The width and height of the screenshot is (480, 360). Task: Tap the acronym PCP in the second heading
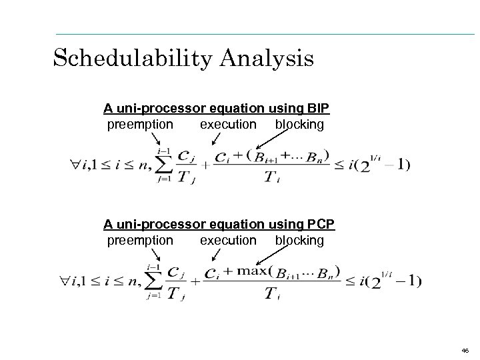pyautogui.click(x=320, y=224)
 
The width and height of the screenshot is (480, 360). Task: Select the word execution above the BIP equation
pyautogui.click(x=228, y=124)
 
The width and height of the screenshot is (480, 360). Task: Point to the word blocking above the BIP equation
pyautogui.click(x=299, y=124)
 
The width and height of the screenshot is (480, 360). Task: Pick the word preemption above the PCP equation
pyautogui.click(x=140, y=240)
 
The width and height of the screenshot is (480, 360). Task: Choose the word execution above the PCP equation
pyautogui.click(x=228, y=240)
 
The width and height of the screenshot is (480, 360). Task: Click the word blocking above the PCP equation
pyautogui.click(x=299, y=240)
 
